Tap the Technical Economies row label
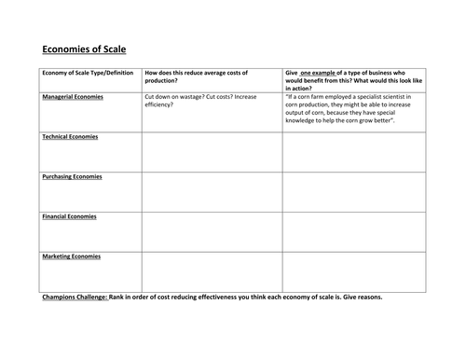[70, 137]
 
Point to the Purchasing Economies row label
[72, 176]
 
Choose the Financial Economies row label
[70, 216]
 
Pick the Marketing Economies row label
[72, 256]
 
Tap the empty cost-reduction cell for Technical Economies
[212, 152]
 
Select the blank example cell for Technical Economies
[353, 152]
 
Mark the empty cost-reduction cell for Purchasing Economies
[212, 192]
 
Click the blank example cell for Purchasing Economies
[353, 192]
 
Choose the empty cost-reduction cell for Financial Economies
[212, 232]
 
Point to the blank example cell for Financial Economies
[353, 232]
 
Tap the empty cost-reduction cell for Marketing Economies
[212, 271]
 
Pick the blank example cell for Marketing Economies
[353, 271]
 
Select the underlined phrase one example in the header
[322, 73]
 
